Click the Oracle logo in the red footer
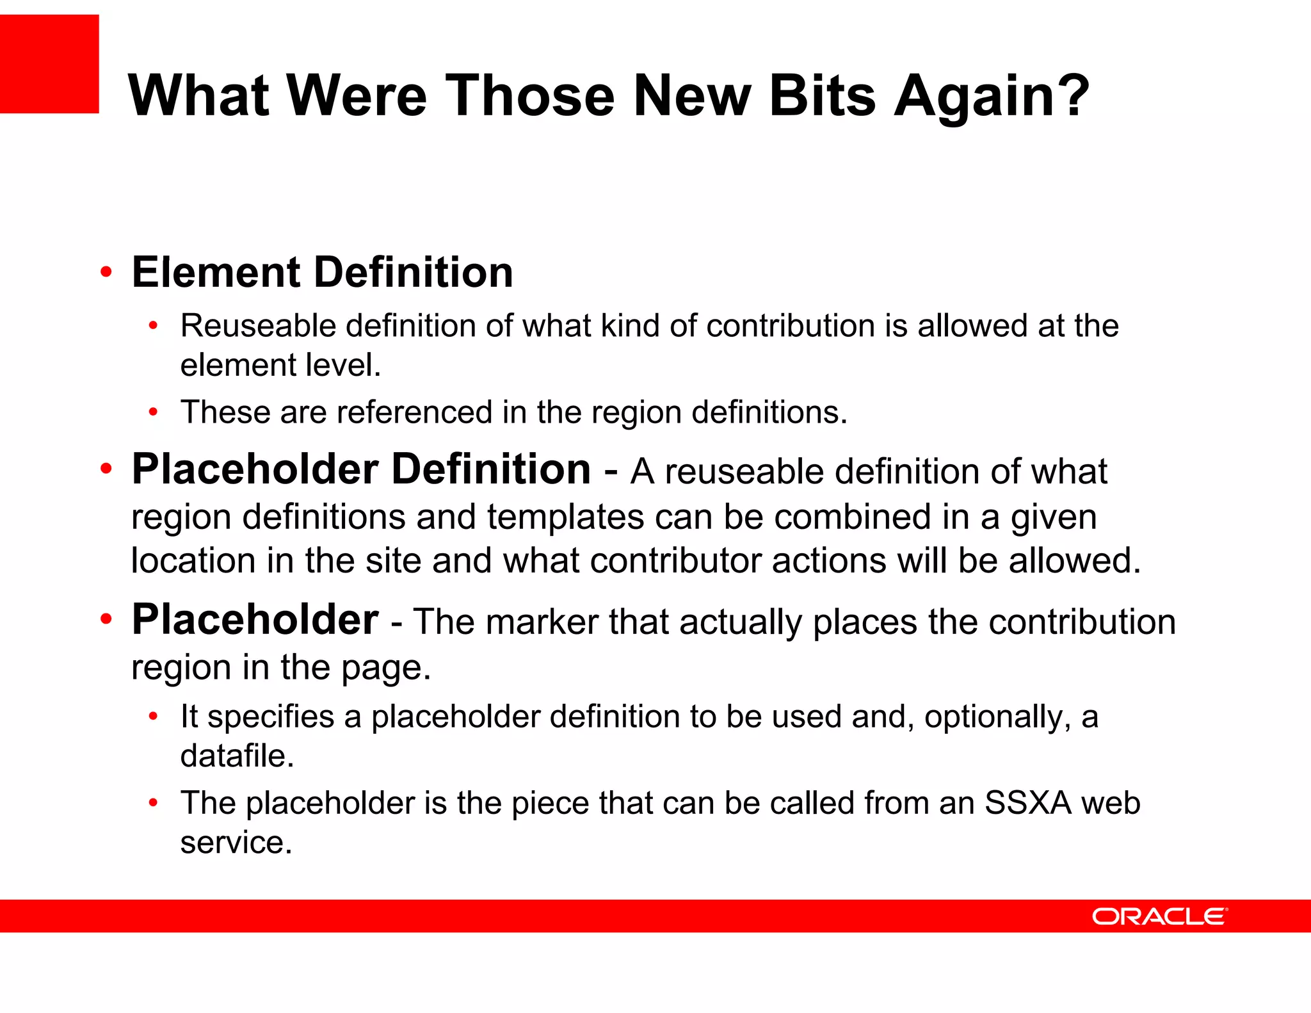pos(1159,916)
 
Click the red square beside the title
pos(49,64)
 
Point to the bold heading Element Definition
pos(322,272)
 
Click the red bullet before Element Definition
pos(106,272)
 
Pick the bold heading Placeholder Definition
pos(361,469)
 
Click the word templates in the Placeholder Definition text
pos(565,517)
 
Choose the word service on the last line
pos(236,842)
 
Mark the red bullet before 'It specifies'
pos(153,717)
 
